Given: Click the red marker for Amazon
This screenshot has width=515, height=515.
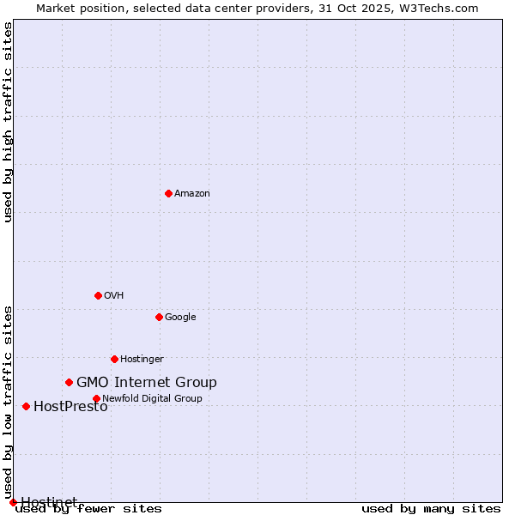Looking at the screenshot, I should pos(168,193).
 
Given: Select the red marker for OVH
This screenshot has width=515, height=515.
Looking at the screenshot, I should pos(98,295).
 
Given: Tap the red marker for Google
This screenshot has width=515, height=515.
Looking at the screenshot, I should pos(159,317).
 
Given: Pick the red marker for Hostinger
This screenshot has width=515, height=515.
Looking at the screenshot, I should pos(114,359).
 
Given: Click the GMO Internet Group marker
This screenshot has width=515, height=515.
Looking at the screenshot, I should pos(69,382).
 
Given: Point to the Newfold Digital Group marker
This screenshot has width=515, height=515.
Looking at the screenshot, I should pos(96,398).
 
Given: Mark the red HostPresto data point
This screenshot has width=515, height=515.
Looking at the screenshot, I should pos(26,406).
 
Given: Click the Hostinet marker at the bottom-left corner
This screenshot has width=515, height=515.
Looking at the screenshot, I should pos(13,502).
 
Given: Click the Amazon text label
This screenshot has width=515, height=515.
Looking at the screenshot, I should pos(192,193).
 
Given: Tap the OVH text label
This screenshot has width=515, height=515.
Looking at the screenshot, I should pos(114,295).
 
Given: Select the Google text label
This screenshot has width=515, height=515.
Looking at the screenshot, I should pos(180,317).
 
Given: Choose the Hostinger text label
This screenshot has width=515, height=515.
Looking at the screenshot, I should pos(142,359).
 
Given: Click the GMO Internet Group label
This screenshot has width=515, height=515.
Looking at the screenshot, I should pos(147,383).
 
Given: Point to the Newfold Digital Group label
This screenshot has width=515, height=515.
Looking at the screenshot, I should pos(152,398).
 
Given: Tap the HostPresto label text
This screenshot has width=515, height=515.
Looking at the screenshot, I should pos(70,407).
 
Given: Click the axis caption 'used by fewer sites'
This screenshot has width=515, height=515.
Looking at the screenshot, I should pos(88,509).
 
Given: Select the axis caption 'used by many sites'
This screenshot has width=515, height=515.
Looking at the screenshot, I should pos(431,509).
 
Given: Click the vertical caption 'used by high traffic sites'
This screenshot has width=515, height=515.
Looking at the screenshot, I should pos(8,122).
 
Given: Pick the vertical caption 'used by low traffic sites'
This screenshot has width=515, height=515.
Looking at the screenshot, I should pos(8,402).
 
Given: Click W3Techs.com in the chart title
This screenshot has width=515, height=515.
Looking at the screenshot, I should pos(437,8).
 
